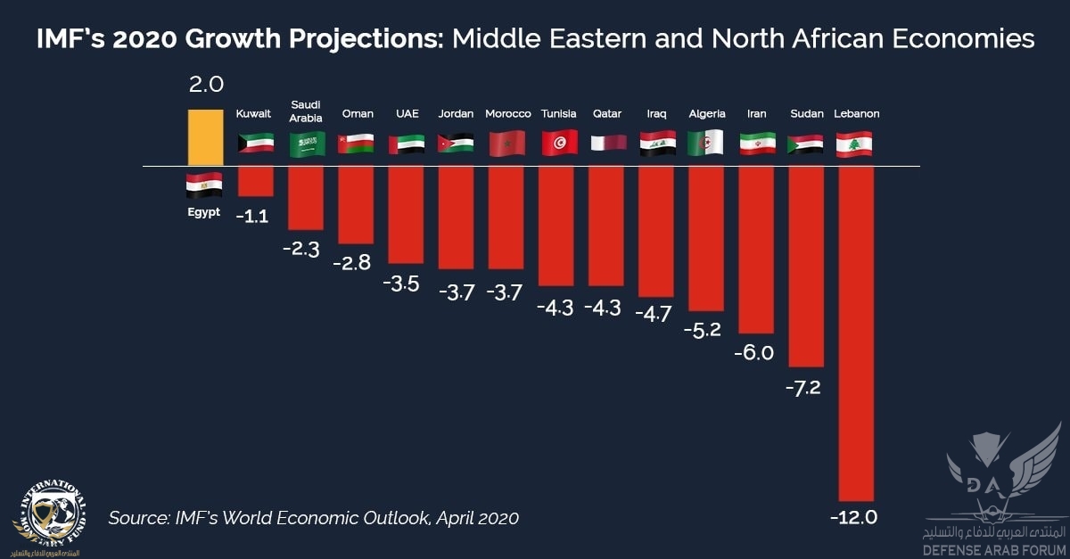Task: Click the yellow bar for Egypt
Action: point(205,137)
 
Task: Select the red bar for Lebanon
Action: point(856,333)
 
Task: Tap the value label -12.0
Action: point(853,517)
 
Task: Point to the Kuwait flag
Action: point(255,143)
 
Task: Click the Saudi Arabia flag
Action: point(306,143)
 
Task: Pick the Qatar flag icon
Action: point(608,143)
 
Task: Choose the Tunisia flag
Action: point(559,143)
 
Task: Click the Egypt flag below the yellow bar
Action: point(204,185)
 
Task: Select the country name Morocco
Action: point(508,114)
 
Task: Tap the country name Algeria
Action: point(707,114)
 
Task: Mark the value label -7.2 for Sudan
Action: point(805,389)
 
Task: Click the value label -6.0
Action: point(754,353)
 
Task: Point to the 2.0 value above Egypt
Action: point(206,86)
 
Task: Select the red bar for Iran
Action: point(756,251)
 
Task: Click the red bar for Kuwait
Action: point(255,181)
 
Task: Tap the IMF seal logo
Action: point(49,517)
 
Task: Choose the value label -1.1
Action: point(252,215)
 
